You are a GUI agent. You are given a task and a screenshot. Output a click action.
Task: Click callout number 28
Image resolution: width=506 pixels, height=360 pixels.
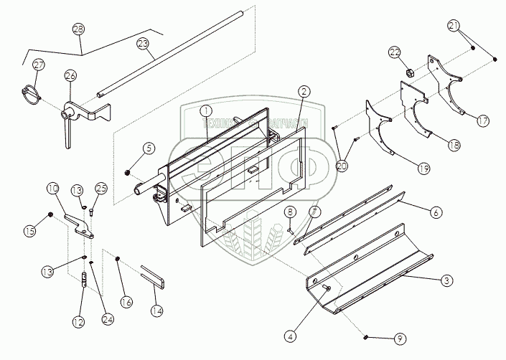(x=78, y=29)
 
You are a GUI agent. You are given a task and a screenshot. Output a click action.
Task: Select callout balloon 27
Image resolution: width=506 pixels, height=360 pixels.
(x=38, y=65)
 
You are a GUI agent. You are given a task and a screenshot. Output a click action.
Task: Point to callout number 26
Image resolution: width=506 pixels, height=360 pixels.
(x=70, y=76)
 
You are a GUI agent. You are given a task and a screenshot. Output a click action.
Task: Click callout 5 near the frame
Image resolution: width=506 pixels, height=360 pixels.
(x=148, y=149)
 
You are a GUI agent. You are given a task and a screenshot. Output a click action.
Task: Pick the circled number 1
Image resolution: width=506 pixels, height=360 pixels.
(x=205, y=112)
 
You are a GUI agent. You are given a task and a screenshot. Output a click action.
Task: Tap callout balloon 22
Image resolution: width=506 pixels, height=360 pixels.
(x=394, y=52)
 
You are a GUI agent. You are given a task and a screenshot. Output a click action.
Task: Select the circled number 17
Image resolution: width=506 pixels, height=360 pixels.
(x=483, y=121)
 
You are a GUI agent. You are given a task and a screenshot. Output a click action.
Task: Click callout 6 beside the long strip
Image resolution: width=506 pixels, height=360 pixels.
(x=434, y=212)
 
